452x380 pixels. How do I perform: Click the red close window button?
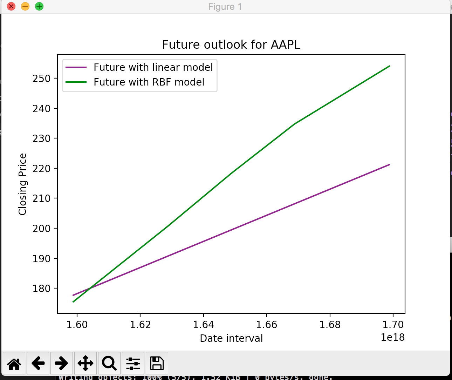[11, 6]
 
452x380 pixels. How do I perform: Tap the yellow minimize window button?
[25, 6]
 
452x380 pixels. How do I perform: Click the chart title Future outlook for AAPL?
[231, 45]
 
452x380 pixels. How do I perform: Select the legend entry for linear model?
[153, 67]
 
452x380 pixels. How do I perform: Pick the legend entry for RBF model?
[149, 82]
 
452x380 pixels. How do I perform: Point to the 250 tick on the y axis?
[41, 79]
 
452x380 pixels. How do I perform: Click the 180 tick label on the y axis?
[41, 289]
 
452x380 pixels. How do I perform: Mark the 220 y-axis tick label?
[41, 169]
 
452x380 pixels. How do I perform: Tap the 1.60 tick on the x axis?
[77, 325]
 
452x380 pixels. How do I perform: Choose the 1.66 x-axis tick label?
[267, 325]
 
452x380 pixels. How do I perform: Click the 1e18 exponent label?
[392, 337]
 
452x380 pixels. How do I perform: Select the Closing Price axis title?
[22, 184]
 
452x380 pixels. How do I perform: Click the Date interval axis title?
[231, 338]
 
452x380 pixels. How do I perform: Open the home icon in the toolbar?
[14, 364]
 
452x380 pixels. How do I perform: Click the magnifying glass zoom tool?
[109, 364]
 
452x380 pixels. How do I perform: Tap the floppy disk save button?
[157, 364]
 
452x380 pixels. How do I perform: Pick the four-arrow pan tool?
[85, 364]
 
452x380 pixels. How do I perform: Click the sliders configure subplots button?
[133, 364]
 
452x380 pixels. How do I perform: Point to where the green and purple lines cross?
[90, 288]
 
